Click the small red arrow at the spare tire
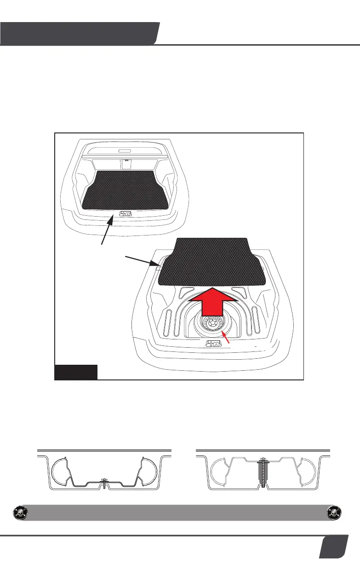coord(226,339)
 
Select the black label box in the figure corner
coord(76,372)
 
